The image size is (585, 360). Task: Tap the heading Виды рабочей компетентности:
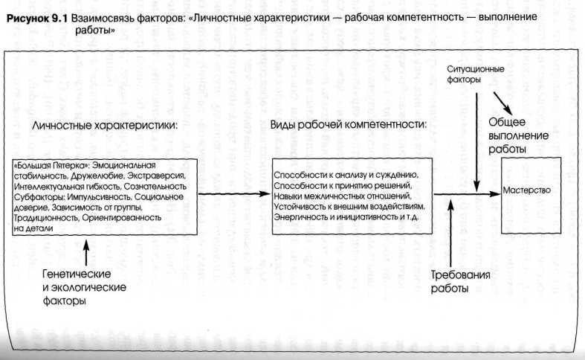[348, 123]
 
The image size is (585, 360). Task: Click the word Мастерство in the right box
[526, 190]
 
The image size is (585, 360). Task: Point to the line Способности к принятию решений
[342, 184]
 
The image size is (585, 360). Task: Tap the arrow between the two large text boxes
[230, 194]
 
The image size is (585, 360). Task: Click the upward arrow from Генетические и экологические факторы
[88, 254]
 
